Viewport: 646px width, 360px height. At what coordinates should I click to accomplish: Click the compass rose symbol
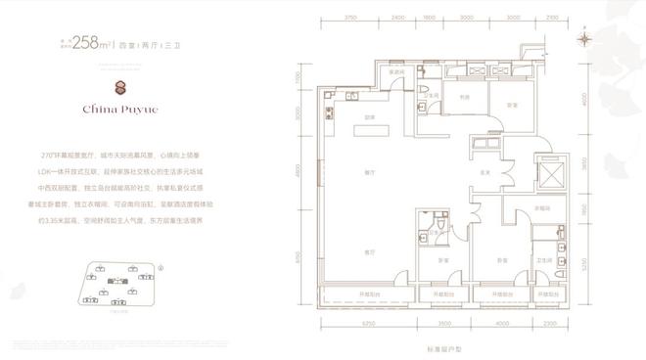pos(584,39)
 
